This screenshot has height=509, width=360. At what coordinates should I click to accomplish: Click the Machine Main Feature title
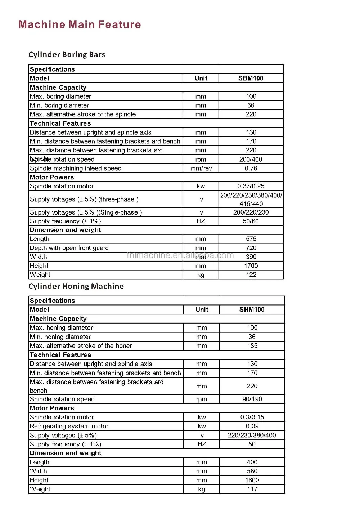click(x=80, y=24)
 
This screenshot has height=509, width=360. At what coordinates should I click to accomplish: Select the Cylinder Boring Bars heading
click(x=67, y=55)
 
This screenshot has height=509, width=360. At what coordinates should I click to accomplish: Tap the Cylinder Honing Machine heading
click(x=76, y=287)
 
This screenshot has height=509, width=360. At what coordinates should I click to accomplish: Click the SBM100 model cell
click(x=251, y=78)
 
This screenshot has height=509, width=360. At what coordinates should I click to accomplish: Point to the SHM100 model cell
click(x=252, y=310)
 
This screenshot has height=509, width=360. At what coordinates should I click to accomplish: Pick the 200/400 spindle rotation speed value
click(x=251, y=159)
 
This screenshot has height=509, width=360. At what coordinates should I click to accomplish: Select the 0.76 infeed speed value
click(x=251, y=168)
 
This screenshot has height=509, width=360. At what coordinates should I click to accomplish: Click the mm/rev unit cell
click(x=201, y=168)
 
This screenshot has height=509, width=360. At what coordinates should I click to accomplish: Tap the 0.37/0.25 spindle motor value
click(x=251, y=186)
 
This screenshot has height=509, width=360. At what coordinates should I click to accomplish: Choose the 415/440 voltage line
click(x=251, y=203)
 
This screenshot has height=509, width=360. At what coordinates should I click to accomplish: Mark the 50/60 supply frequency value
click(x=251, y=221)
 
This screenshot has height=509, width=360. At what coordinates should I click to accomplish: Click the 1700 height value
click(x=251, y=266)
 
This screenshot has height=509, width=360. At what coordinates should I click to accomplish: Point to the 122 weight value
click(x=251, y=275)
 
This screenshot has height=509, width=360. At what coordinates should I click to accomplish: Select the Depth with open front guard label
click(x=69, y=248)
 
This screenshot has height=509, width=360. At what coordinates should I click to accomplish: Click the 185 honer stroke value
click(x=252, y=346)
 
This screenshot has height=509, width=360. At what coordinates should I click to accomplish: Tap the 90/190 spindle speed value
click(x=252, y=399)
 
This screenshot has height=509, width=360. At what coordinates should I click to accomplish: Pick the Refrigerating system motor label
click(x=69, y=426)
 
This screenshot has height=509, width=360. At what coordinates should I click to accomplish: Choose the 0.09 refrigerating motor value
click(x=252, y=426)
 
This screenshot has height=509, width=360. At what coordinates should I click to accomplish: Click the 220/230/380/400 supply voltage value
click(x=252, y=435)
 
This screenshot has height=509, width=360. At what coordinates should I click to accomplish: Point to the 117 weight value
click(x=252, y=489)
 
